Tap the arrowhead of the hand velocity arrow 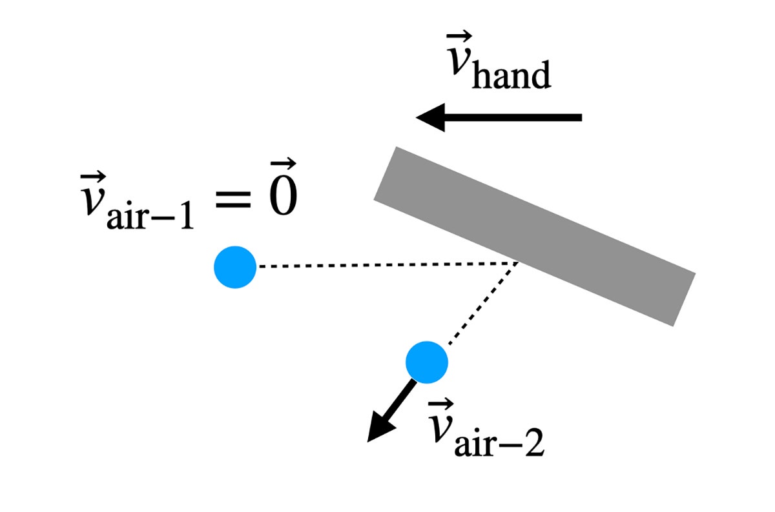pyautogui.click(x=430, y=117)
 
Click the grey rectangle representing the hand pyautogui.click(x=535, y=236)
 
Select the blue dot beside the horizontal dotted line pyautogui.click(x=235, y=267)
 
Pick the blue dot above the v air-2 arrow pyautogui.click(x=427, y=362)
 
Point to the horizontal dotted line pyautogui.click(x=388, y=265)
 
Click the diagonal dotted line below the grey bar pyautogui.click(x=483, y=304)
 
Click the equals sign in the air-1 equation pyautogui.click(x=233, y=199)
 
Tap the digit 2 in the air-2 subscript pyautogui.click(x=534, y=443)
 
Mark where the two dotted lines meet pyautogui.click(x=517, y=263)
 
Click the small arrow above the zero pyautogui.click(x=284, y=164)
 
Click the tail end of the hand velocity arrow pyautogui.click(x=582, y=117)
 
